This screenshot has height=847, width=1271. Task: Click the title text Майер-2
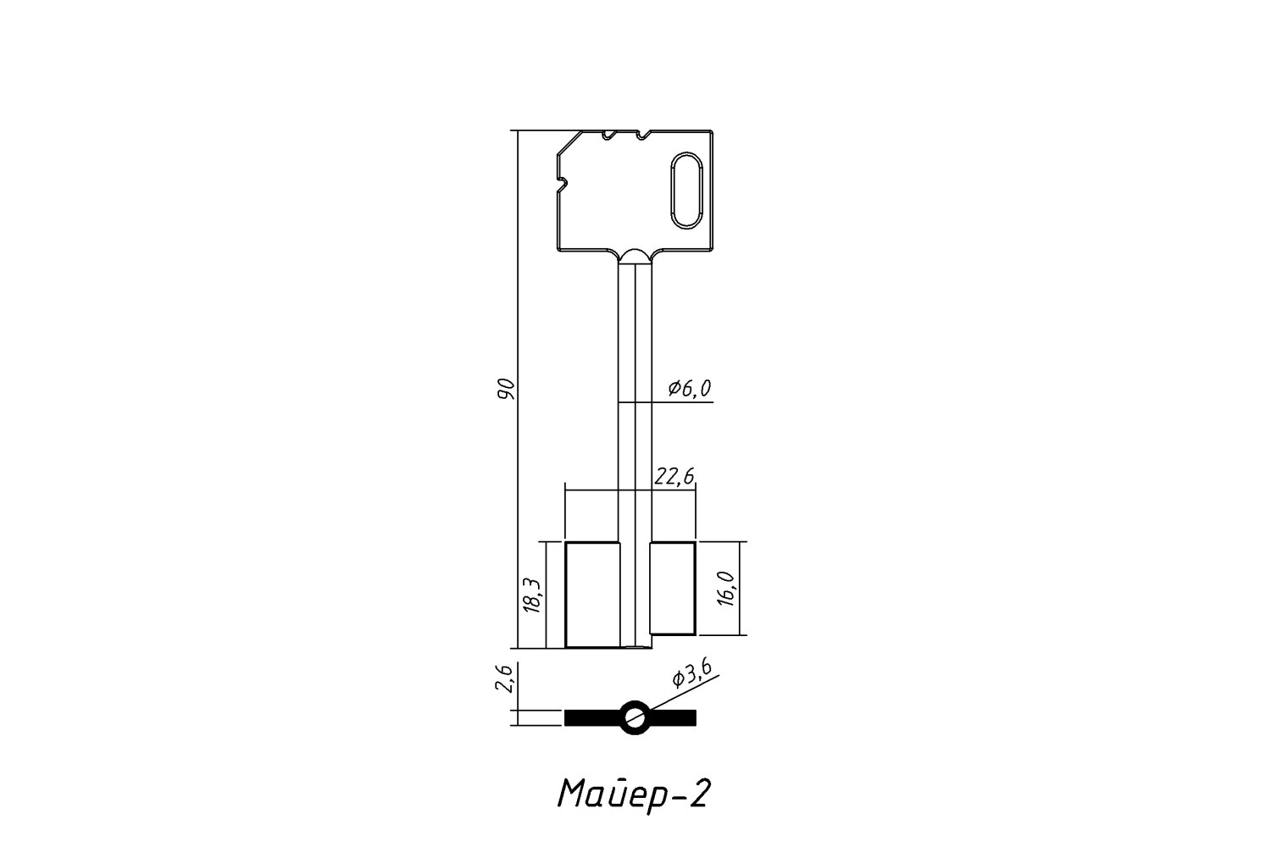pos(634,794)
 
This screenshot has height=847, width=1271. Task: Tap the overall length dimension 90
pos(506,388)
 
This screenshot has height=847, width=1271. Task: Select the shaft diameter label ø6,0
pos(690,389)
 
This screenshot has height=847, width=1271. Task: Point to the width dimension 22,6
pos(674,477)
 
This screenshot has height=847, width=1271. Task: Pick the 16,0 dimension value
pos(726,589)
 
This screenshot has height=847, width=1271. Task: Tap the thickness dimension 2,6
pos(504,678)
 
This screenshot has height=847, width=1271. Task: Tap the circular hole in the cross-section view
pos(635,717)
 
